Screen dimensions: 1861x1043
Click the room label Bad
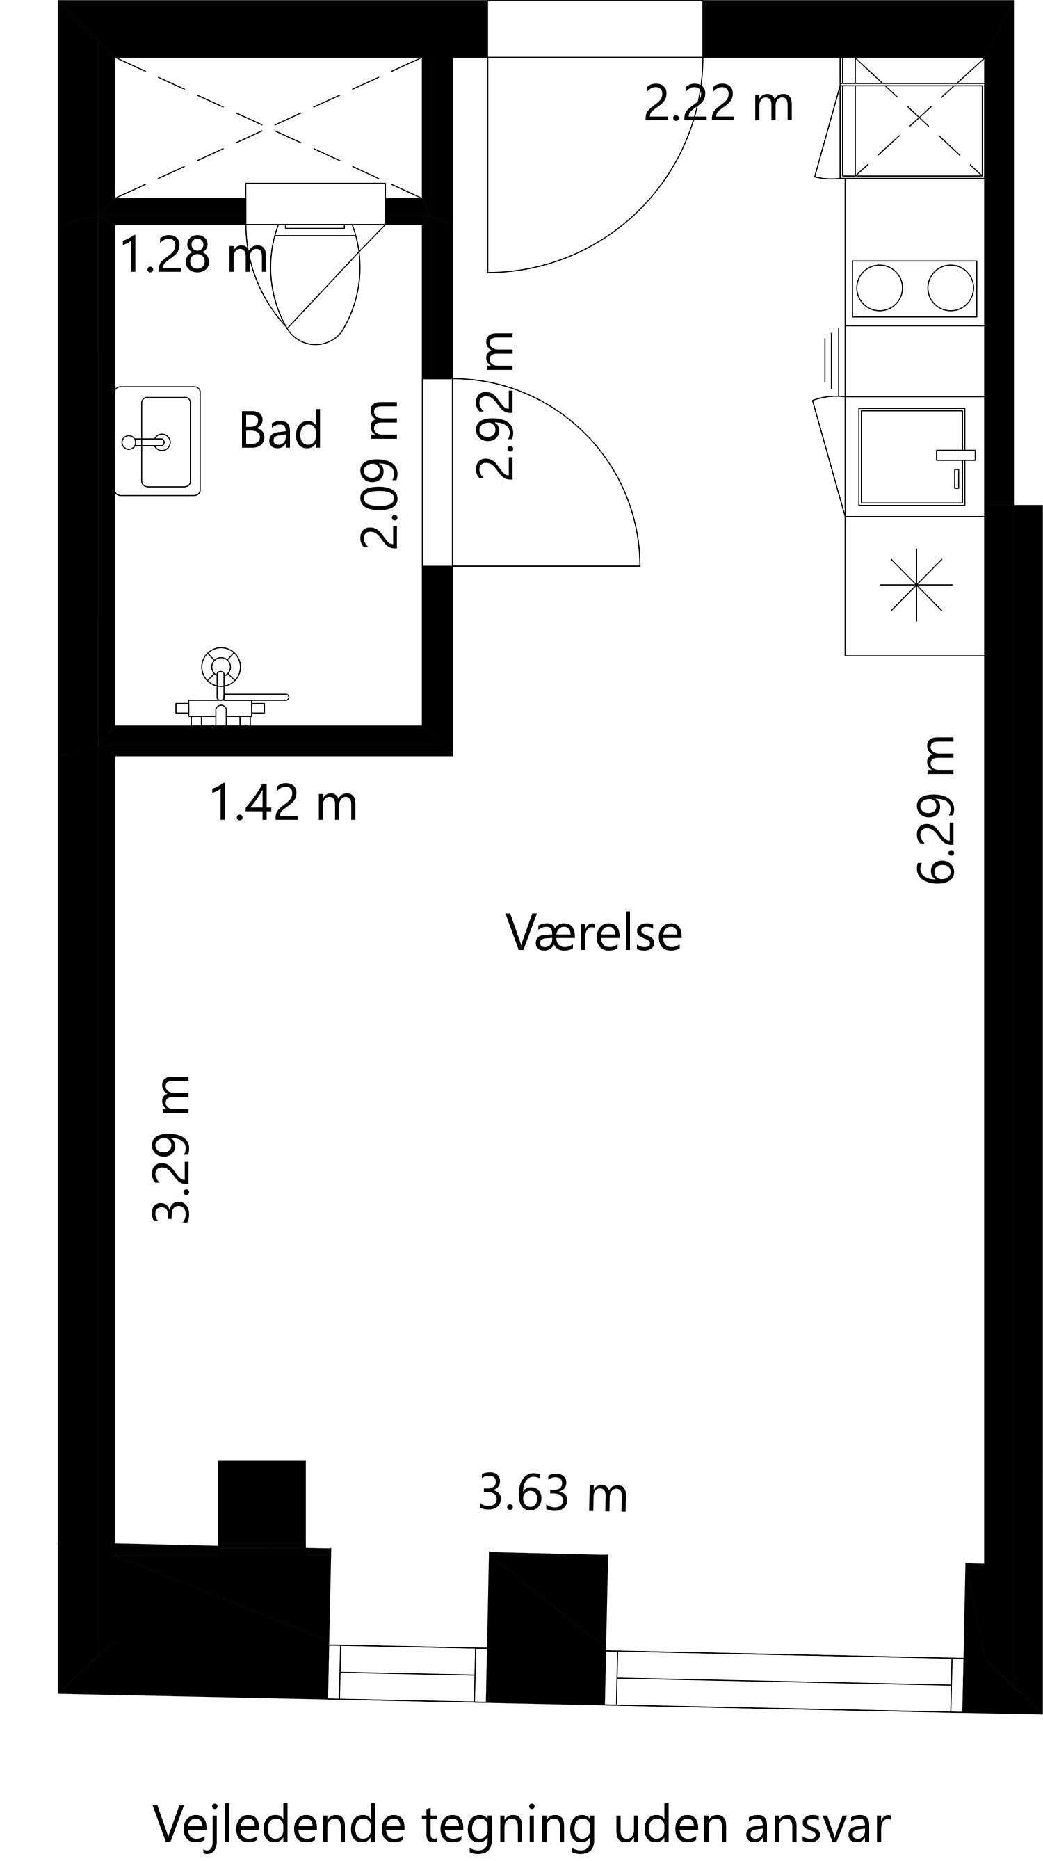[280, 430]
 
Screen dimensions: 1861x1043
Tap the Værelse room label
[594, 933]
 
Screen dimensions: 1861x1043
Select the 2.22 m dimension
[718, 104]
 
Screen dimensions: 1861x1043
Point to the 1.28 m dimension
[193, 255]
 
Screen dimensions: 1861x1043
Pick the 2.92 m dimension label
[496, 405]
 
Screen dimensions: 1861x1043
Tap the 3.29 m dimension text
[171, 1149]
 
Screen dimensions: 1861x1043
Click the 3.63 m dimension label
[553, 1493]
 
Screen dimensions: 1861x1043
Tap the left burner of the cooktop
[879, 288]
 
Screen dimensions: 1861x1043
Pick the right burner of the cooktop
[950, 288]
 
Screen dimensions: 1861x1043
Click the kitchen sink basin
[912, 458]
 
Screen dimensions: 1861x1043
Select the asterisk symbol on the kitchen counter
[916, 584]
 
